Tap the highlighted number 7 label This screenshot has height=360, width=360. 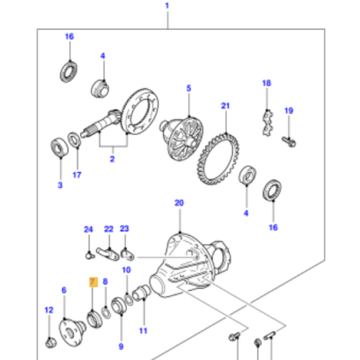pyautogui.click(x=91, y=282)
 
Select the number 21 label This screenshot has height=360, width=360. pyautogui.click(x=226, y=105)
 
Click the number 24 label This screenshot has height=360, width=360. pyautogui.click(x=89, y=229)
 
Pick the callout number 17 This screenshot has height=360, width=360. pyautogui.click(x=76, y=175)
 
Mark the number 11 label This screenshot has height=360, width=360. pyautogui.click(x=142, y=332)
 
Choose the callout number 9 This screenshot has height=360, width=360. pyautogui.click(x=121, y=345)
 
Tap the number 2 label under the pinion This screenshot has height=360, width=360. pyautogui.click(x=112, y=160)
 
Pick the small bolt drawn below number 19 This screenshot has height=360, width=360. pyautogui.click(x=287, y=139)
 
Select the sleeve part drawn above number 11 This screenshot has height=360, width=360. pyautogui.click(x=140, y=293)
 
